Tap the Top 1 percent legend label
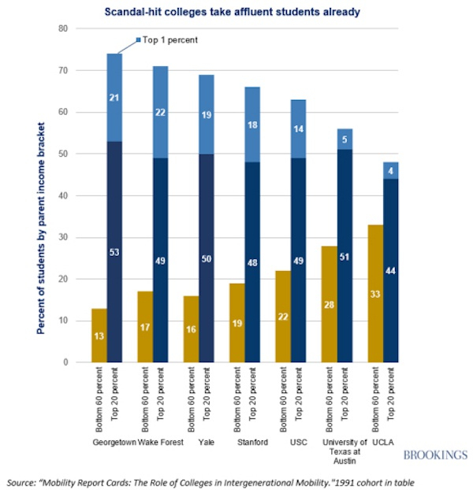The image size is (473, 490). coord(170,39)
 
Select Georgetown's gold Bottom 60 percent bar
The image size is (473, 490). coord(100,335)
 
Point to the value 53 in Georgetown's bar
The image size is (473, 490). coord(114,251)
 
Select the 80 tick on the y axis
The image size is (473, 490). coord(63,28)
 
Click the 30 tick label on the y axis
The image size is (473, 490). coord(63,237)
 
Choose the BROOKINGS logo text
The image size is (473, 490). coord(435,455)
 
